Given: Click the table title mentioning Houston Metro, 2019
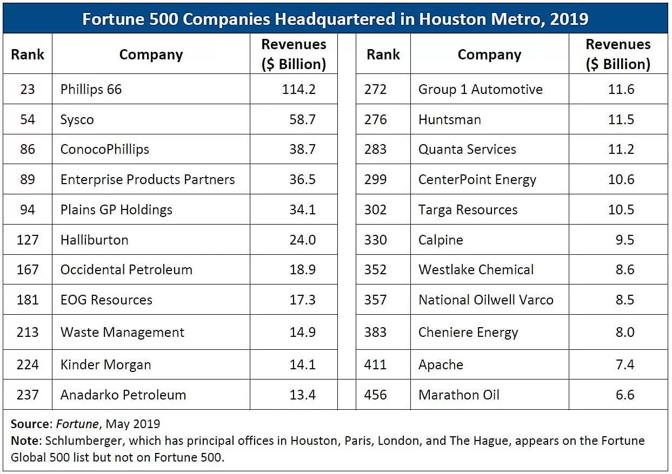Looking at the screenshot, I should tap(335, 19).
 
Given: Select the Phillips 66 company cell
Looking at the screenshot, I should tap(91, 89).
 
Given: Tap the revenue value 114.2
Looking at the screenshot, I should tap(298, 89).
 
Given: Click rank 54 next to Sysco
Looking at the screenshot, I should tap(28, 119).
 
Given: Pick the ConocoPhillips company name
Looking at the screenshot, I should tap(104, 150).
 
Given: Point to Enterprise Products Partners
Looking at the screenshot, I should tap(148, 180).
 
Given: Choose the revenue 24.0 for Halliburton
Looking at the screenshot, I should tap(302, 240).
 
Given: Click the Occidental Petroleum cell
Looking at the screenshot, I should tap(126, 269).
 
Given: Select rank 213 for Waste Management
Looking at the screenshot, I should tap(28, 332).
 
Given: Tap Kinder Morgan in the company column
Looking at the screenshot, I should tap(105, 364).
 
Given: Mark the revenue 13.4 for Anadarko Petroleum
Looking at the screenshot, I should tap(302, 395).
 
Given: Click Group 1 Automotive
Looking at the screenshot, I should tap(480, 89).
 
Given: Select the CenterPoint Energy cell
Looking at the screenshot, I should tap(477, 180).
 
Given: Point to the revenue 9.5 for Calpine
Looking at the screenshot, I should tap(624, 240).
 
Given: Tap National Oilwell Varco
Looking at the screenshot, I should tap(485, 300).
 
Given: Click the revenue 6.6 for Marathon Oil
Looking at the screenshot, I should tap(624, 395).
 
